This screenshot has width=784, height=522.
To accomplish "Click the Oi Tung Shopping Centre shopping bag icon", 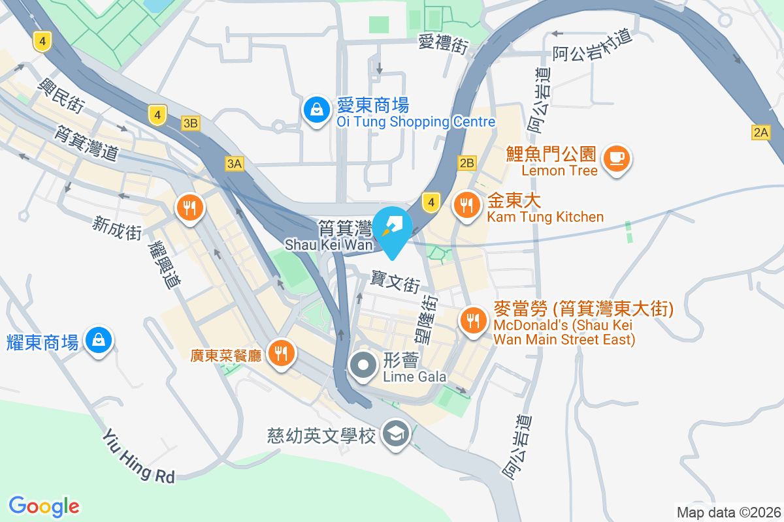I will (x=316, y=110).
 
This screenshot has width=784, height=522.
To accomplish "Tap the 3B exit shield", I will (x=190, y=123).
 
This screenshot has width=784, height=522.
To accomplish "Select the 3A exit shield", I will (x=234, y=164).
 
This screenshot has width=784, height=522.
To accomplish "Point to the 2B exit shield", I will (x=467, y=163).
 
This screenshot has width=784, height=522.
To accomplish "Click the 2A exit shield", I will (x=761, y=132).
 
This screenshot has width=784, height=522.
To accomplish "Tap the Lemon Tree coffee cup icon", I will (x=616, y=159).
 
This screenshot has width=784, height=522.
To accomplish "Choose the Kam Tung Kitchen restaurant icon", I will (x=466, y=206).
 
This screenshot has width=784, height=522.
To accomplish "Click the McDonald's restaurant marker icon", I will (x=472, y=320).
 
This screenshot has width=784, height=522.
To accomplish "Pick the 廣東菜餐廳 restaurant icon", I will (x=282, y=353).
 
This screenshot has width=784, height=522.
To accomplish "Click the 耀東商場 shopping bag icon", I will (x=98, y=340).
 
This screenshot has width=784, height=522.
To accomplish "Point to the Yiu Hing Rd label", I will (x=139, y=456).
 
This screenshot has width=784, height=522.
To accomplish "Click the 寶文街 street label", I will (x=395, y=283).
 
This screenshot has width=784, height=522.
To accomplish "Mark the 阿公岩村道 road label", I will (x=593, y=46).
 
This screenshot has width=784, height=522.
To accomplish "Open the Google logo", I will (x=44, y=506).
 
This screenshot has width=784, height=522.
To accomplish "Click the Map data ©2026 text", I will (x=728, y=512).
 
